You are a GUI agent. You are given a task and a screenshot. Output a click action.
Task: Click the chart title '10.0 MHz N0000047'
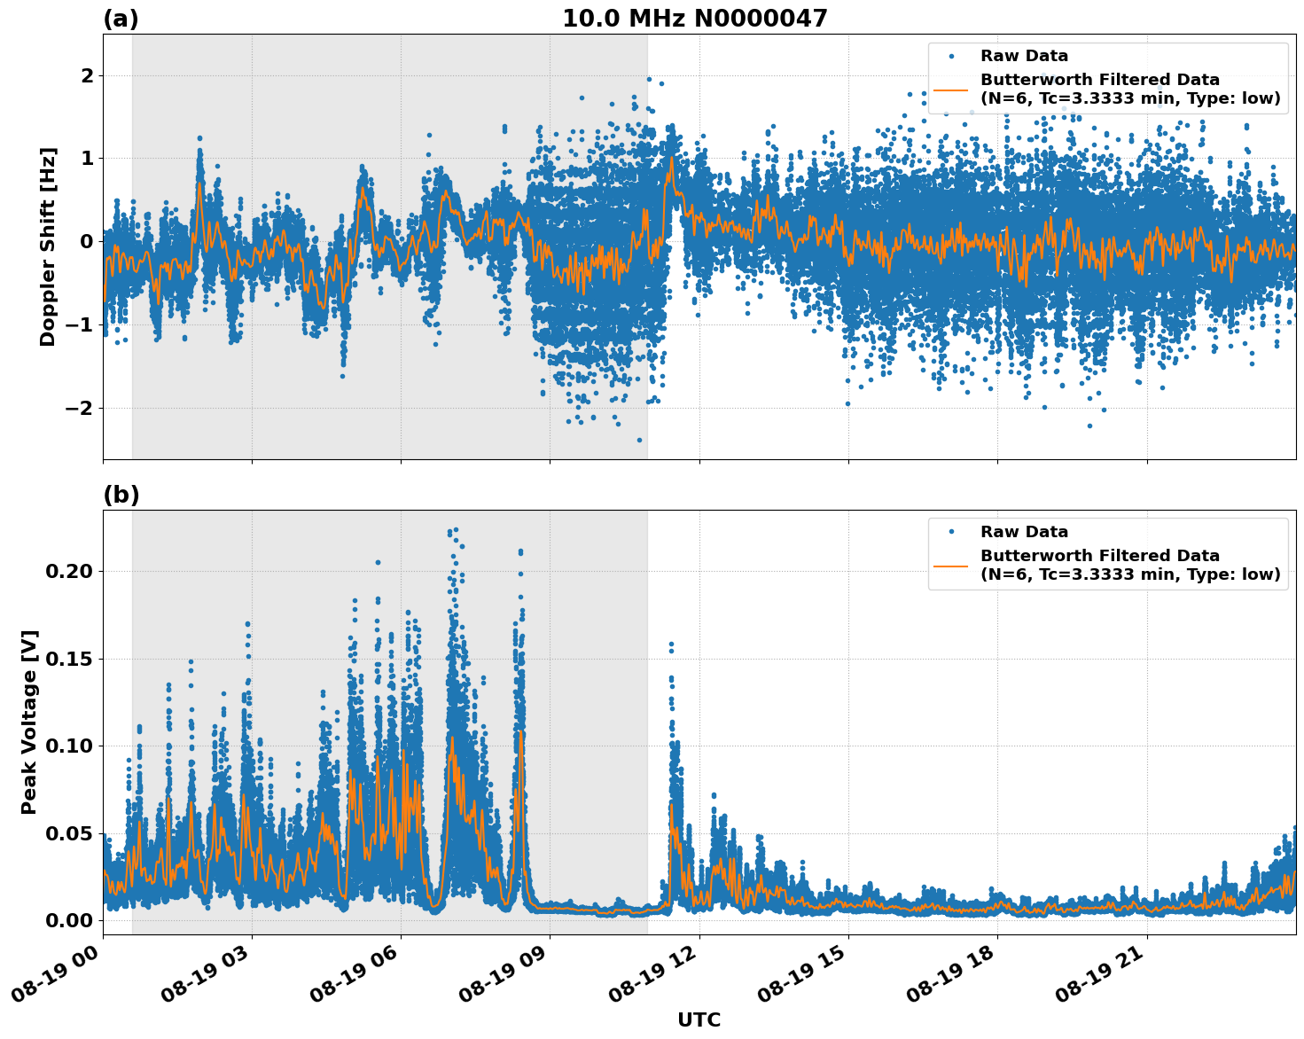click(694, 19)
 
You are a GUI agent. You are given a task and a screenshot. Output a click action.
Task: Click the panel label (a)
click(121, 19)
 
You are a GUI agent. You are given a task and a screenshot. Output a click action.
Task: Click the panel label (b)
click(121, 495)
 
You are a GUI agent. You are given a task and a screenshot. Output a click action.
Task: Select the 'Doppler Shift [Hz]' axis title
click(48, 246)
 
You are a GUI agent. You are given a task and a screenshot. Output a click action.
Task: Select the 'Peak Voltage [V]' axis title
click(29, 722)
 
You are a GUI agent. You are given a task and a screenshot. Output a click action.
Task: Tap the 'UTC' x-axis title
click(699, 1019)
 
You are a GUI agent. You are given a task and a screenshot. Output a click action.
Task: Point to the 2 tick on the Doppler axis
click(86, 76)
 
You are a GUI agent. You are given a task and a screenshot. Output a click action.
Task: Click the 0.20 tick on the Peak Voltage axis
click(68, 571)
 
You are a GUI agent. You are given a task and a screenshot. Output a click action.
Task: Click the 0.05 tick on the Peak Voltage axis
click(68, 833)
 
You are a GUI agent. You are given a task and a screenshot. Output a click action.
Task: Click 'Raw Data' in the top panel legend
click(1024, 56)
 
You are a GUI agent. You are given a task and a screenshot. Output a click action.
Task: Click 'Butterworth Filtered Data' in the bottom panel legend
click(1099, 556)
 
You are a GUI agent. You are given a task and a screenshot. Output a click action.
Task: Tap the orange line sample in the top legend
click(950, 90)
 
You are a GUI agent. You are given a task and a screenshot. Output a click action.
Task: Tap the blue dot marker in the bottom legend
click(950, 532)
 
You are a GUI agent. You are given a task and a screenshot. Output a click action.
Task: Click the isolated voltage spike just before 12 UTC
click(671, 644)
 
